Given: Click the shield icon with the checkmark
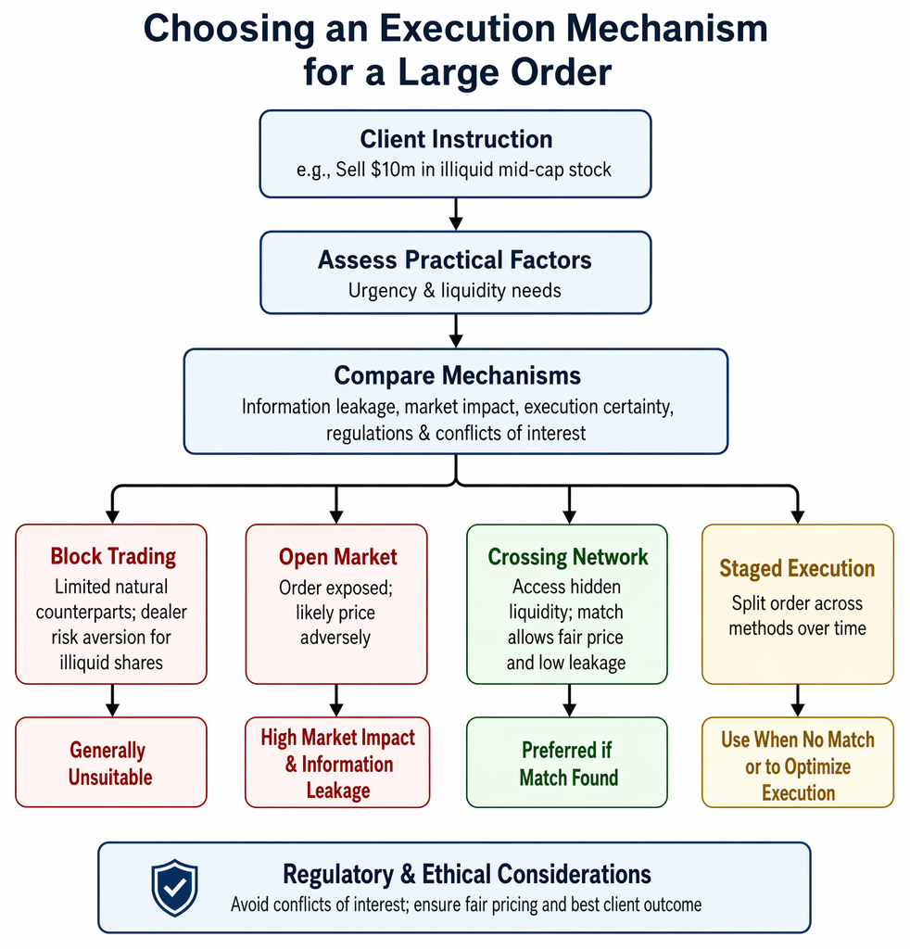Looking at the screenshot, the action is [174, 887].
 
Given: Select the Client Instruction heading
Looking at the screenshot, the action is [456, 139].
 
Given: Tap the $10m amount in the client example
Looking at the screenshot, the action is [393, 170].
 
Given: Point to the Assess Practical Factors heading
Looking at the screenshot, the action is [455, 260].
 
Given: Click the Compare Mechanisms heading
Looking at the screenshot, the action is [458, 375].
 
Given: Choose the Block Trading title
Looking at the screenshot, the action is [113, 556].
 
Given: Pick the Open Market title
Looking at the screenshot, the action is [337, 557].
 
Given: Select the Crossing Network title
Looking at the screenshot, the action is [568, 557].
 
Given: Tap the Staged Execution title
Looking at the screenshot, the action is [797, 568].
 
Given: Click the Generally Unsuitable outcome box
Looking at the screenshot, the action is [111, 762].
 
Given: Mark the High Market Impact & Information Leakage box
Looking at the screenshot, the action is [337, 763].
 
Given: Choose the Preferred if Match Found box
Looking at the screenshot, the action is [567, 763].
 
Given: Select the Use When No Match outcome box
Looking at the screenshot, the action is [798, 763].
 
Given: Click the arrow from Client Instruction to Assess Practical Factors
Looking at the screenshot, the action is [456, 214].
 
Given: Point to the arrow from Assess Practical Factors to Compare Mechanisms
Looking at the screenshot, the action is [456, 331].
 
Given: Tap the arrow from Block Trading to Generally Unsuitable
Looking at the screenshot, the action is [112, 701].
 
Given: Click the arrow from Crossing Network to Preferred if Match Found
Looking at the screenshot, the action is [569, 701].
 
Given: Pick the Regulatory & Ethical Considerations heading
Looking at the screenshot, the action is [467, 875].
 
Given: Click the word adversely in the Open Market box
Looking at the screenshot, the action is [335, 638].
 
